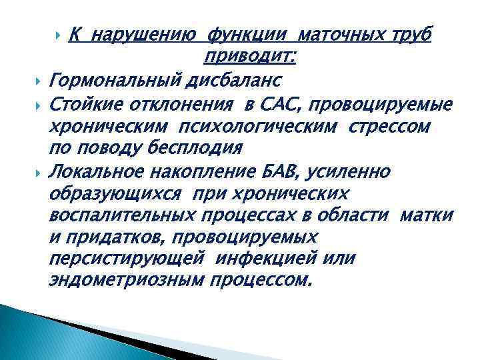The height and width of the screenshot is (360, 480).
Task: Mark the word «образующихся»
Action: [118, 195]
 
